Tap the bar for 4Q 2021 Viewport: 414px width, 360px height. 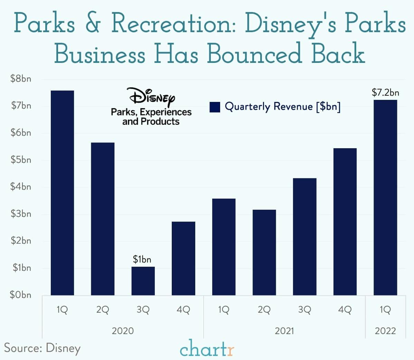[345, 221]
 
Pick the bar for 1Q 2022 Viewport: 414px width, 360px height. [385, 197]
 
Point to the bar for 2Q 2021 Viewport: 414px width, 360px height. [264, 252]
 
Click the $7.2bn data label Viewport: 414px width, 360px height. [385, 93]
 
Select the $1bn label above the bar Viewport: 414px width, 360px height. [142, 259]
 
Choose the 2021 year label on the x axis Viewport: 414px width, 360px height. [284, 331]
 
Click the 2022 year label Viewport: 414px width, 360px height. [385, 331]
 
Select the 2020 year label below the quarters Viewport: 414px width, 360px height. [123, 331]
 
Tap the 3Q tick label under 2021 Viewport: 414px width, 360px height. [304, 310]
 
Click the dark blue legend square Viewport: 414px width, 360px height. [215, 107]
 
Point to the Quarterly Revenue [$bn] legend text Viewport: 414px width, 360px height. [282, 106]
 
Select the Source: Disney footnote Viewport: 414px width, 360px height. [42, 348]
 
